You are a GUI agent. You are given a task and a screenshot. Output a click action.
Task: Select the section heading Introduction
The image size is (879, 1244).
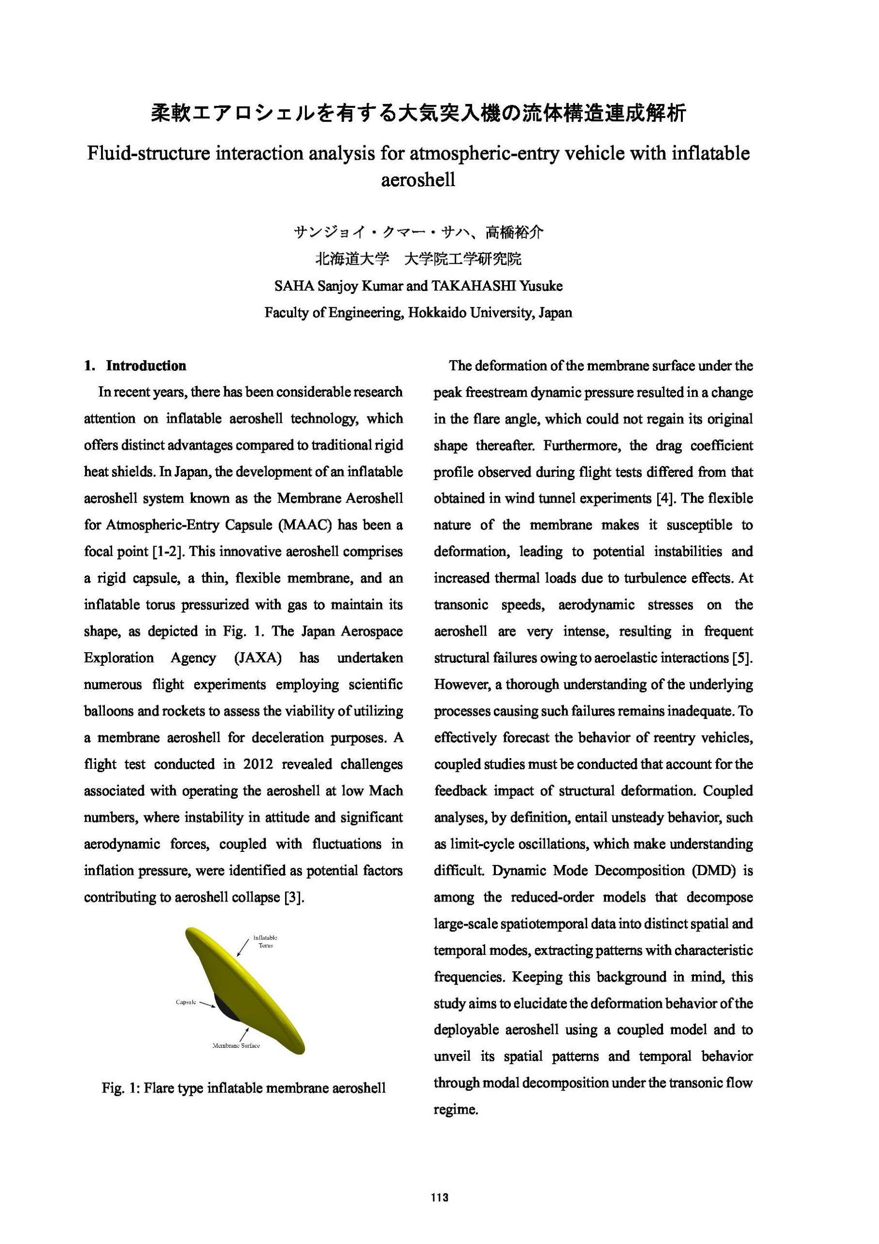point(146,366)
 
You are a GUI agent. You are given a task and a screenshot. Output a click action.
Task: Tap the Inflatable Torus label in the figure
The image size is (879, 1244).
point(265,941)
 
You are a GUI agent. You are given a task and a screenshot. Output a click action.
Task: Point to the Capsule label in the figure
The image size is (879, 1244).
point(186,1002)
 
